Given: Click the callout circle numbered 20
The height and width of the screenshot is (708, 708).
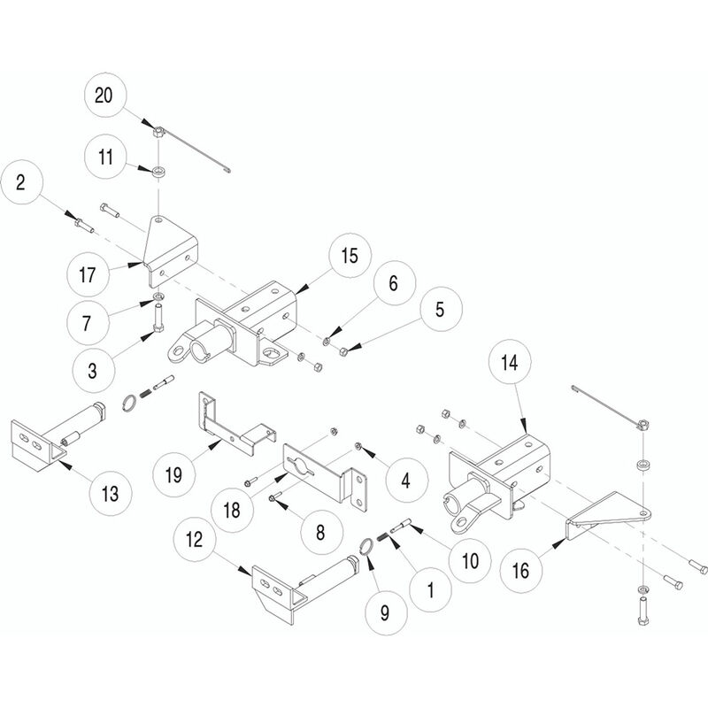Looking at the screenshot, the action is [x=105, y=95].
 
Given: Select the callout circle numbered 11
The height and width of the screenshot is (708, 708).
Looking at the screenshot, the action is [x=105, y=157].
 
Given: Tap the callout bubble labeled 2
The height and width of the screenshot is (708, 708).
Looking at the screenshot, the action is [x=21, y=183].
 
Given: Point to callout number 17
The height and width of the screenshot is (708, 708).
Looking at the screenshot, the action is [x=88, y=274].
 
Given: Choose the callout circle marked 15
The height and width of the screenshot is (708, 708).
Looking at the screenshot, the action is [x=350, y=256].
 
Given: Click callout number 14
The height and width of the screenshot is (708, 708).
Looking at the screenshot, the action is [x=510, y=362].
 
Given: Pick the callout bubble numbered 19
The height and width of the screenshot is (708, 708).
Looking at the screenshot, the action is [x=173, y=474].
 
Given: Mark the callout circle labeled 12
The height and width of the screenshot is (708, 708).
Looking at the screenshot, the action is [x=195, y=539].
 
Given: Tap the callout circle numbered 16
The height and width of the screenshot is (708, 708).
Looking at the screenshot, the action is [x=520, y=570].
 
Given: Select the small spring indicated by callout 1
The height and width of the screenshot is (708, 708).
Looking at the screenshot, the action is [x=384, y=537].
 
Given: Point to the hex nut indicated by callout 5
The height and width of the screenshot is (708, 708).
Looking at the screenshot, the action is [x=342, y=350].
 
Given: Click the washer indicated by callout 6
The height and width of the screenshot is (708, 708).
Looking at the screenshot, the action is [x=326, y=340].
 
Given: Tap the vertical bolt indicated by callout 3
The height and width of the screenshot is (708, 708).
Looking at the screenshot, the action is [x=159, y=318].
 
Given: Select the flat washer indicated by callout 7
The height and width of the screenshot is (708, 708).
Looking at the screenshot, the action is [x=158, y=296].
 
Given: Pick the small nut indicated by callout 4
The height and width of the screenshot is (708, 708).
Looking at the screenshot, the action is [x=357, y=446].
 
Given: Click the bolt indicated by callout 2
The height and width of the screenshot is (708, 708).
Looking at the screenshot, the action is [x=84, y=225].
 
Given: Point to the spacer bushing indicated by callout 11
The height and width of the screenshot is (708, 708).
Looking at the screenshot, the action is [x=158, y=172].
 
